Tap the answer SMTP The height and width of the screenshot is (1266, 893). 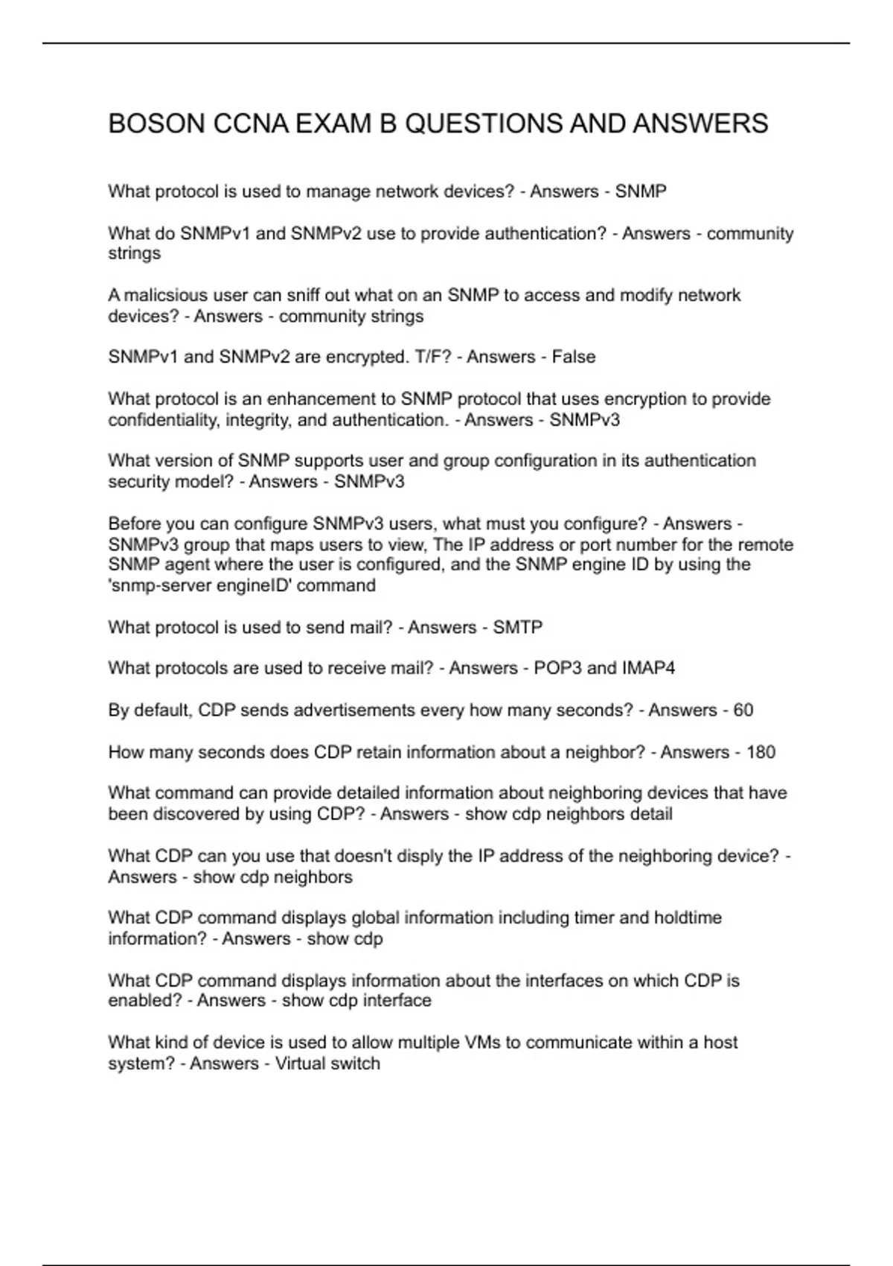click(518, 627)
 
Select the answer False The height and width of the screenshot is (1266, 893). click(574, 357)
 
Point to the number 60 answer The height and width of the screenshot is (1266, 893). click(743, 710)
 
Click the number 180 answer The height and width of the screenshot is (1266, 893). click(761, 752)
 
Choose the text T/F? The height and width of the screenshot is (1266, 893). click(433, 357)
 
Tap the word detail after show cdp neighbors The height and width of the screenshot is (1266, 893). click(650, 814)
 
